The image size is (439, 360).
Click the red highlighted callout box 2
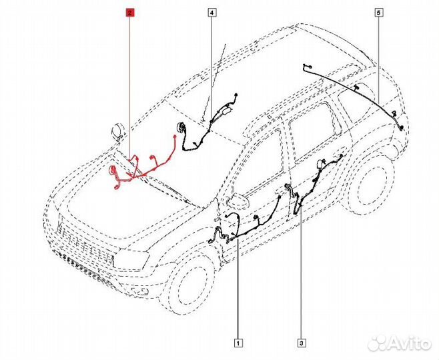tap(130, 13)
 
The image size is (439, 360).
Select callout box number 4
tap(212, 13)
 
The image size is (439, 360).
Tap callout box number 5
tap(379, 13)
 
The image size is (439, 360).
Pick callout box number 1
tap(238, 343)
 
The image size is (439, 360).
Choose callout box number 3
tap(302, 343)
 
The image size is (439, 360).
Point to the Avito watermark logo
tap(400, 343)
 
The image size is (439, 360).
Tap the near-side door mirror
tap(238, 200)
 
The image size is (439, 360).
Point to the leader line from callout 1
tap(238, 288)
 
